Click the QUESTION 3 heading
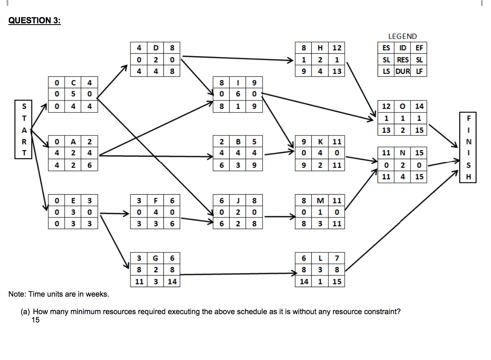[34, 21]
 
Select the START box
[23, 129]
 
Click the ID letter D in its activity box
[155, 47]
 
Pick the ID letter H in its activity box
[321, 47]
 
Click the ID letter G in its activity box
[155, 258]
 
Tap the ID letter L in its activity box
[321, 258]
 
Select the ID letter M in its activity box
[321, 200]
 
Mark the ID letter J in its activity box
[238, 200]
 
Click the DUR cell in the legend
[402, 71]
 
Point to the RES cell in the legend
[402, 60]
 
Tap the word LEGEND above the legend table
[402, 37]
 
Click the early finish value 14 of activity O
[419, 107]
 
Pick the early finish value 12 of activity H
[337, 47]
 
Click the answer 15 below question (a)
[35, 320]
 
